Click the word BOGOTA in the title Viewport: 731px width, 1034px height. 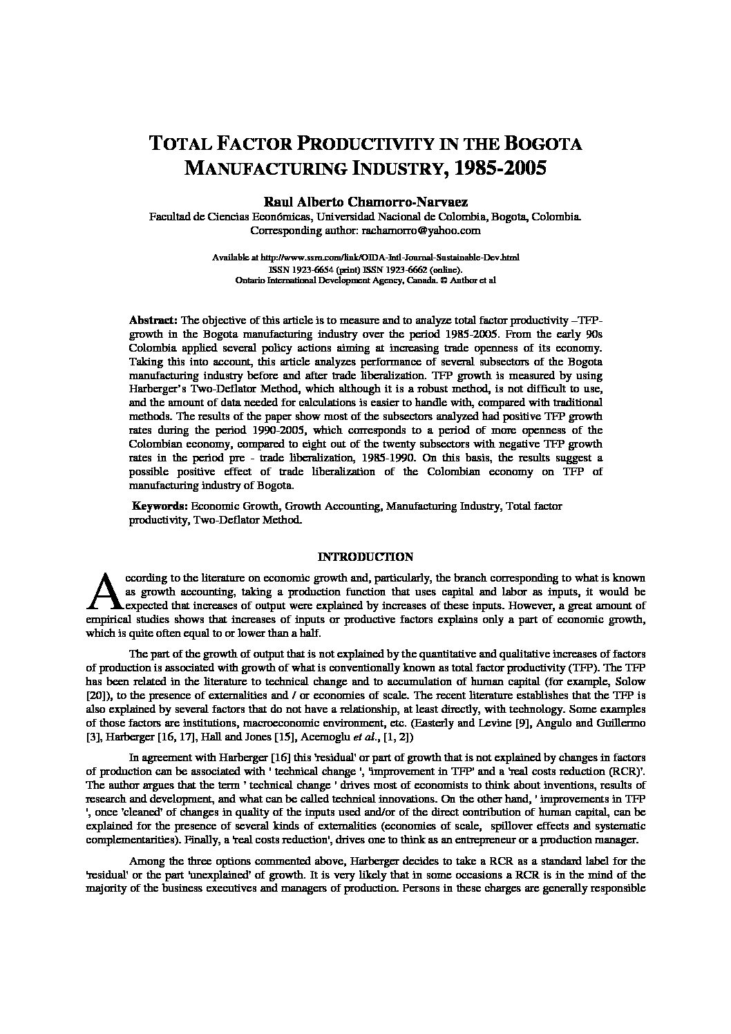click(544, 144)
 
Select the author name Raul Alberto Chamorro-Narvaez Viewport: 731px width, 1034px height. click(365, 202)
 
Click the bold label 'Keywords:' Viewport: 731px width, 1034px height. click(160, 506)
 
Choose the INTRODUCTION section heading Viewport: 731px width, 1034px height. click(365, 557)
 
